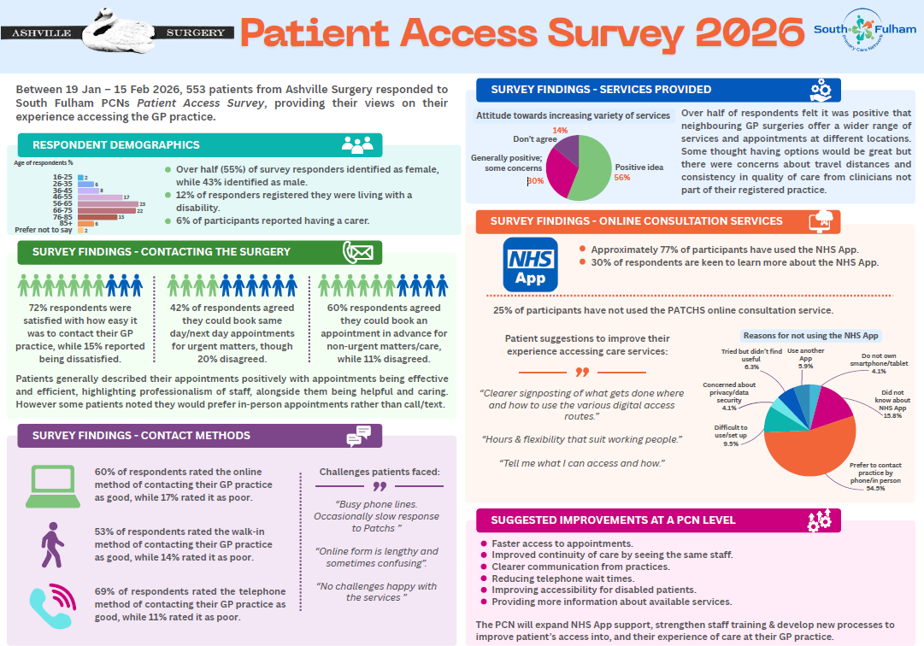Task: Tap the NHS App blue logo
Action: (x=530, y=264)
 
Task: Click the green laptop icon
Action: (x=53, y=486)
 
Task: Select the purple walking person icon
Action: (x=52, y=544)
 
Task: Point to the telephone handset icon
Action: (x=53, y=605)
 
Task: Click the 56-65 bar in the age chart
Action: (x=108, y=203)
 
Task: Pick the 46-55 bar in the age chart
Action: (x=100, y=197)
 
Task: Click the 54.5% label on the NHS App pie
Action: (x=875, y=488)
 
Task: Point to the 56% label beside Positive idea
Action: (x=622, y=177)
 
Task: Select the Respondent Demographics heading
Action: (x=116, y=145)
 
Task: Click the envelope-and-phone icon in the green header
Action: (x=358, y=252)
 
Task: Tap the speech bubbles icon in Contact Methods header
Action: (x=358, y=436)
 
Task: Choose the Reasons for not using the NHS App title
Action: (x=811, y=335)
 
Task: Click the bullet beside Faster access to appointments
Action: (x=484, y=543)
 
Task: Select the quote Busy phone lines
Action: (x=377, y=504)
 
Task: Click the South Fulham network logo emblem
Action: (x=862, y=28)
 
